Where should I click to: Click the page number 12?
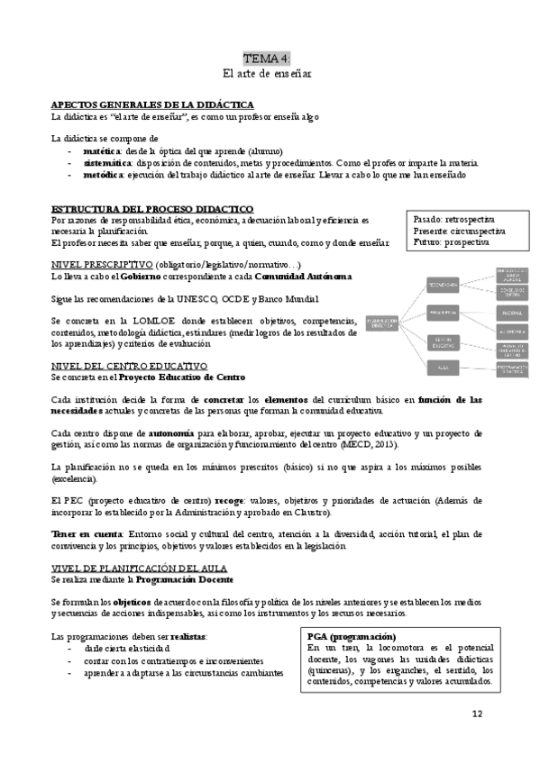click(478, 714)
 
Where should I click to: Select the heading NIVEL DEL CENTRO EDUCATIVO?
click(129, 366)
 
